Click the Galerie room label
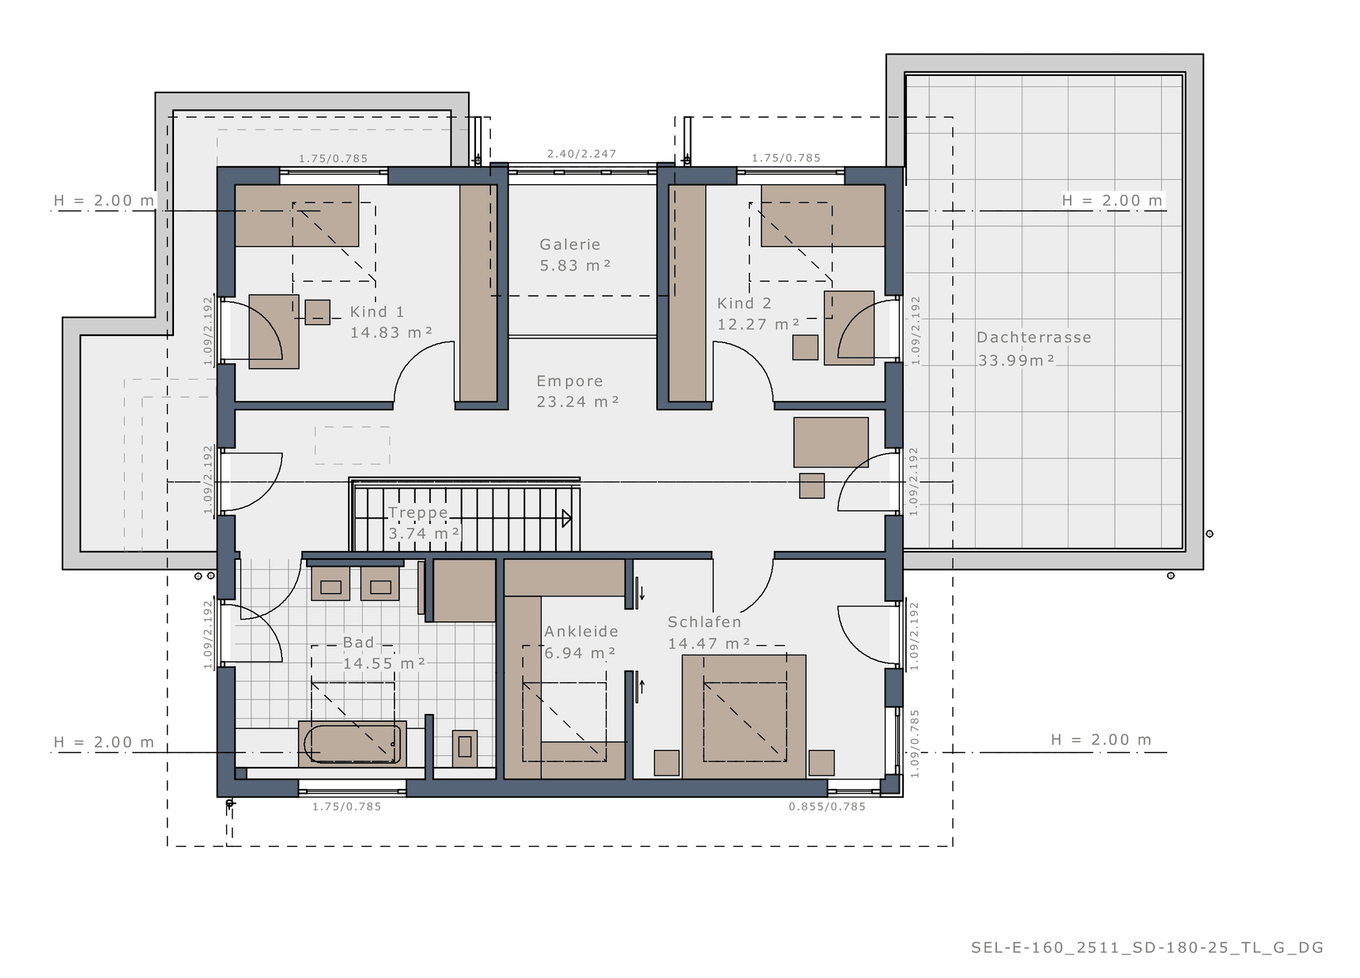coord(570,245)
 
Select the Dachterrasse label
coord(1033,338)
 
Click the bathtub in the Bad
coord(353,744)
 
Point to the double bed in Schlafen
coord(744,716)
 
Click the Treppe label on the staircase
coord(417,513)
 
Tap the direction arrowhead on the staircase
coord(567,519)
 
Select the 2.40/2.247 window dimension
coord(581,153)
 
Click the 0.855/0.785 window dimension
coord(827,806)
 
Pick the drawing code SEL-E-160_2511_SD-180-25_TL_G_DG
coord(1147,947)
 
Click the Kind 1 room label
coord(377,312)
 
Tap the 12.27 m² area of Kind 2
coord(758,324)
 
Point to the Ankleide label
coord(581,632)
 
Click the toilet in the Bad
coord(465,747)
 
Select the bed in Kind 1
coord(297,216)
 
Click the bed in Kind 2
coord(822,216)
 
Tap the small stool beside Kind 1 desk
coord(317,312)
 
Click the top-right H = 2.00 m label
coord(1113,201)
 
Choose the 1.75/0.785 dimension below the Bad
coord(346,806)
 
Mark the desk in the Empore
coord(831,442)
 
